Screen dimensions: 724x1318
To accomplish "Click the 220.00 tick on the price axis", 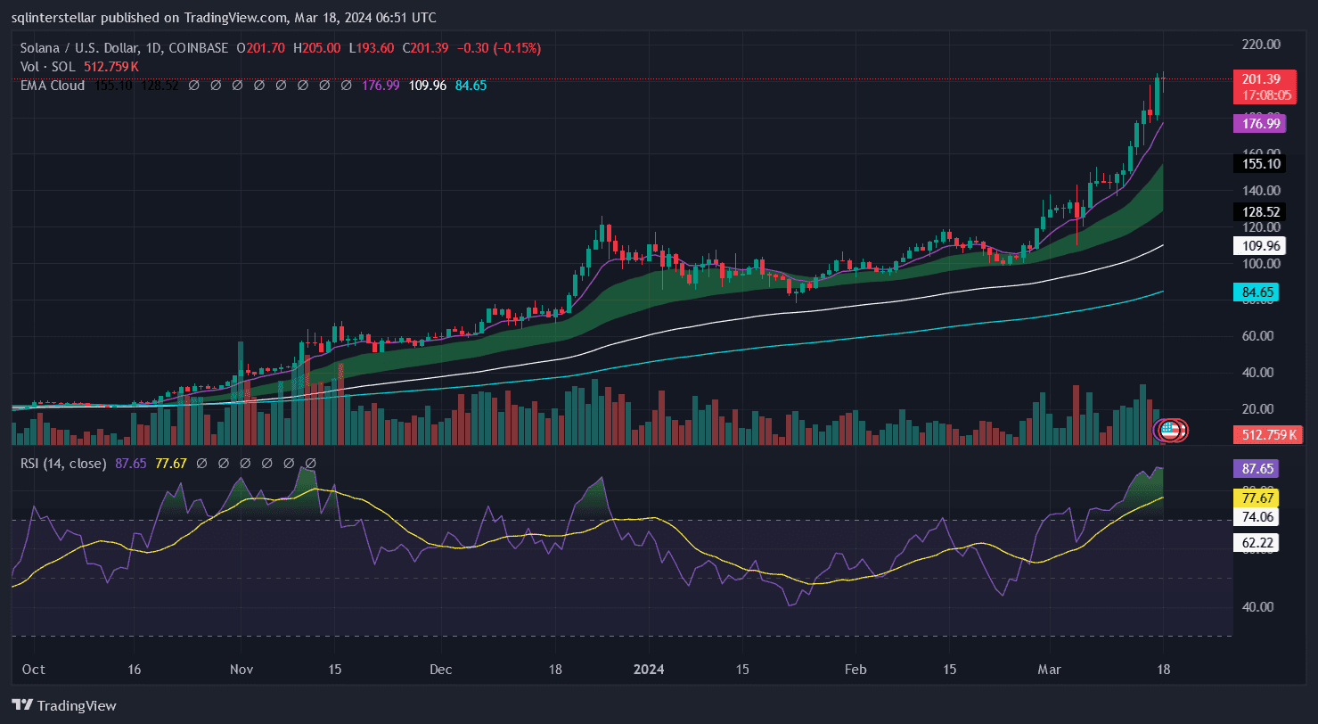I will [x=1259, y=44].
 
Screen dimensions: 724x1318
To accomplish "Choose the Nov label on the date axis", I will [x=241, y=669].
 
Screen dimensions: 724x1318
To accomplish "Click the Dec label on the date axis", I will [x=440, y=669].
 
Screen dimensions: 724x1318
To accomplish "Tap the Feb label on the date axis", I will [x=855, y=669].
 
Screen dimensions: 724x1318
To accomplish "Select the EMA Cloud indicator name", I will [x=53, y=86].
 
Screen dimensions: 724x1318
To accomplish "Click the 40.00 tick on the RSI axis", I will [x=1259, y=606].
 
